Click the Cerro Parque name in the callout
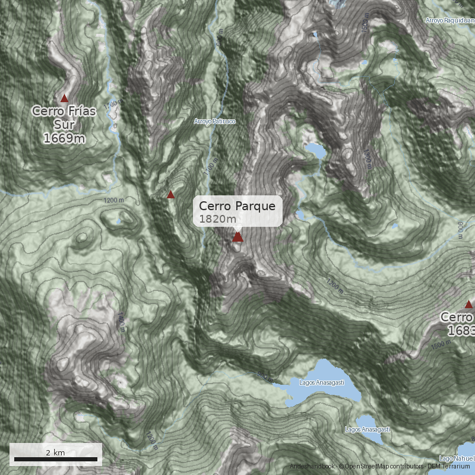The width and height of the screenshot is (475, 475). tap(237, 206)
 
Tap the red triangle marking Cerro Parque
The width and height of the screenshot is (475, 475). tap(237, 237)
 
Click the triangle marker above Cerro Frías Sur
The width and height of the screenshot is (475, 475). tap(65, 98)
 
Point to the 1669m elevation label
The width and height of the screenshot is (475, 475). tap(64, 138)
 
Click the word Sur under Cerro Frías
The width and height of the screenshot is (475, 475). tap(64, 125)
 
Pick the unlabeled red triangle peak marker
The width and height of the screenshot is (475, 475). tap(171, 194)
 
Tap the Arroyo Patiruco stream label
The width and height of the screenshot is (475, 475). tap(215, 121)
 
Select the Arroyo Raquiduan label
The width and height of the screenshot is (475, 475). tap(449, 20)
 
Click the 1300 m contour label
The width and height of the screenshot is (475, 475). tap(368, 159)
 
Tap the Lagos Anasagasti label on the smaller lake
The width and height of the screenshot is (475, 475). tap(368, 429)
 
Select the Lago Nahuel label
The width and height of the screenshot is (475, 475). tap(457, 458)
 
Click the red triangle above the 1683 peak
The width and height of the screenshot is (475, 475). tap(468, 305)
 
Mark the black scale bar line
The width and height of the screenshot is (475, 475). tap(55, 460)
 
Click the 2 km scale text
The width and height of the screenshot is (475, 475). tap(55, 452)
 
